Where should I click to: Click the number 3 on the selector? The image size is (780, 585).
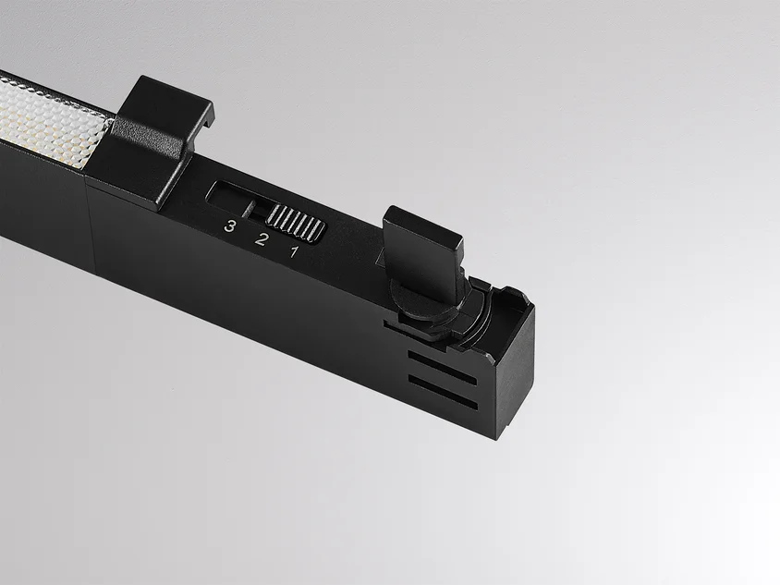(x=229, y=225)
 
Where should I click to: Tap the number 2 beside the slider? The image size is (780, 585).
(x=261, y=238)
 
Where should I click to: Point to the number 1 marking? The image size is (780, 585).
(x=295, y=251)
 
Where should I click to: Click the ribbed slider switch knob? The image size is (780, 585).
(x=296, y=225)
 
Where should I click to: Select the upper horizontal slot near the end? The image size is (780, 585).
(x=442, y=368)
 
